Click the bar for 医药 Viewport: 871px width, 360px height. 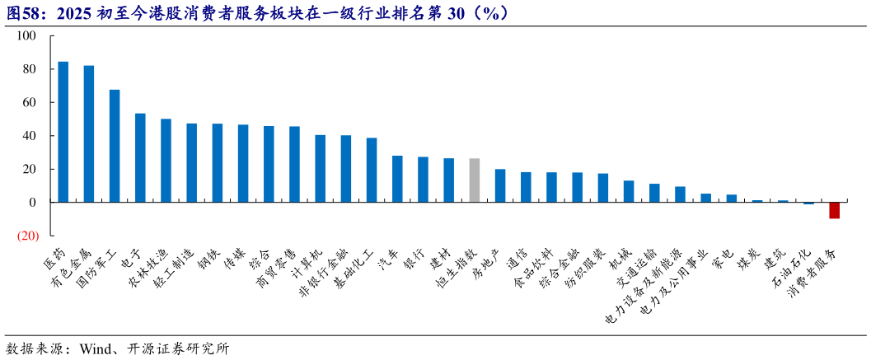[x=63, y=132]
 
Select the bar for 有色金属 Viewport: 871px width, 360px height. [x=89, y=133]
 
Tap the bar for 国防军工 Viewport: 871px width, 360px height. [x=115, y=146]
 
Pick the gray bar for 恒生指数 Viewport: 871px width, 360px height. [x=475, y=180]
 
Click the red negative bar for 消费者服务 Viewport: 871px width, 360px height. [x=834, y=210]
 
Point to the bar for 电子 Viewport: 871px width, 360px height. [x=140, y=157]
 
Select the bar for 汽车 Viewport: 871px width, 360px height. [x=397, y=179]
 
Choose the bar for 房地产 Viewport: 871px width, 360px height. [x=500, y=185]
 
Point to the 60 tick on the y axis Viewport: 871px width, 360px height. [x=30, y=103]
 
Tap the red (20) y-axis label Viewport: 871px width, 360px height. [x=28, y=236]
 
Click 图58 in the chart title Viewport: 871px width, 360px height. [x=23, y=12]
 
